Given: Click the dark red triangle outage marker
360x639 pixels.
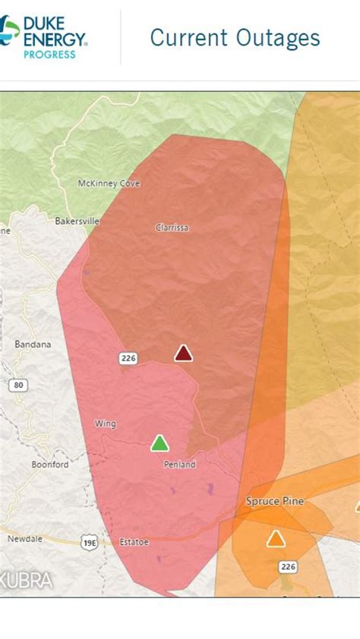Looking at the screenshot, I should pyautogui.click(x=183, y=353).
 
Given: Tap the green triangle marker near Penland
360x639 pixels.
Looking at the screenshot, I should pyautogui.click(x=159, y=443).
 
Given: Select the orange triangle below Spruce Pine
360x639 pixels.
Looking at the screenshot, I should pyautogui.click(x=276, y=539).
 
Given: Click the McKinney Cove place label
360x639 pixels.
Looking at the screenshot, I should pyautogui.click(x=109, y=184).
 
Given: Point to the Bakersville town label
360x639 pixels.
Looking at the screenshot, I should pyautogui.click(x=77, y=222).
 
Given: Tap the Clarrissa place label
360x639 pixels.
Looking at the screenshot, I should pyautogui.click(x=172, y=228).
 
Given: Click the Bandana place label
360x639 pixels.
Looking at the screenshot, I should pyautogui.click(x=33, y=345).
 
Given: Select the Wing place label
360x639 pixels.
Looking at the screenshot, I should pyautogui.click(x=106, y=423).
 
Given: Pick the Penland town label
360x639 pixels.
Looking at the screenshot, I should pyautogui.click(x=180, y=464).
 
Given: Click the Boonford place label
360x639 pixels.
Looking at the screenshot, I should pyautogui.click(x=50, y=464).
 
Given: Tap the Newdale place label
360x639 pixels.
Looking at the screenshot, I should pyautogui.click(x=25, y=539).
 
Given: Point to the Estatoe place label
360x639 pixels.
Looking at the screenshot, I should pyautogui.click(x=134, y=542).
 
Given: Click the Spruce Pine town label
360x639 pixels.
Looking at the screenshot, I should pyautogui.click(x=275, y=502).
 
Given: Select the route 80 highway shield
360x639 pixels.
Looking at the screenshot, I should pyautogui.click(x=19, y=386).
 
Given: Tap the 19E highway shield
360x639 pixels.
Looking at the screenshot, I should pyautogui.click(x=89, y=542).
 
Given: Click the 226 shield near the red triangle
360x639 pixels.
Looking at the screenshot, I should pyautogui.click(x=128, y=358).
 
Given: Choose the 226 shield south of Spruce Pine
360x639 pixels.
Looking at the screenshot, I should pyautogui.click(x=289, y=566).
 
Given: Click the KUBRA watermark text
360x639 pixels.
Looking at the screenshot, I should pyautogui.click(x=27, y=581).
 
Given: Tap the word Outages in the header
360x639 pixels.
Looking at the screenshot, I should pyautogui.click(x=277, y=38).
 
